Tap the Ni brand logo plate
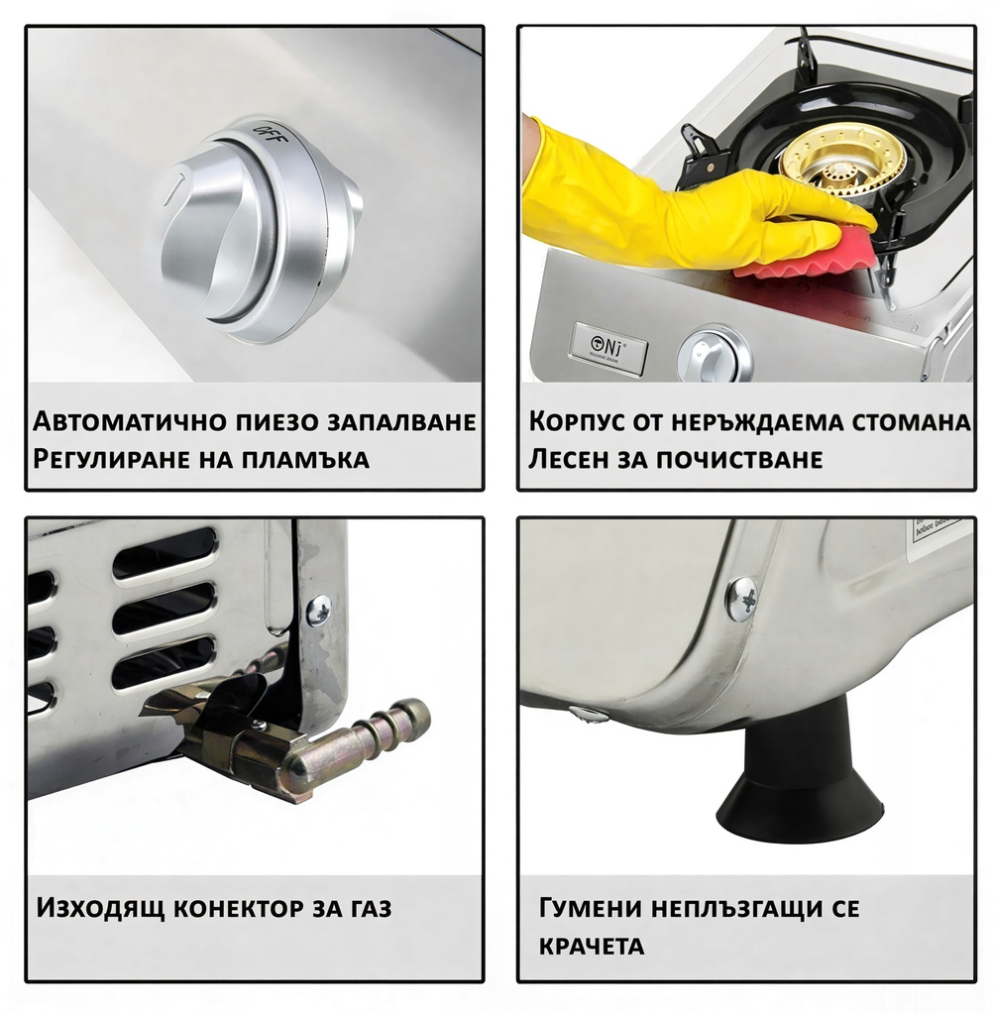(x=609, y=348)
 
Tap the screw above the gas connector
(x=318, y=611)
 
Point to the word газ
(x=366, y=907)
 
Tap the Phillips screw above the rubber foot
(x=741, y=599)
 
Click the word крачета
(x=591, y=945)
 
